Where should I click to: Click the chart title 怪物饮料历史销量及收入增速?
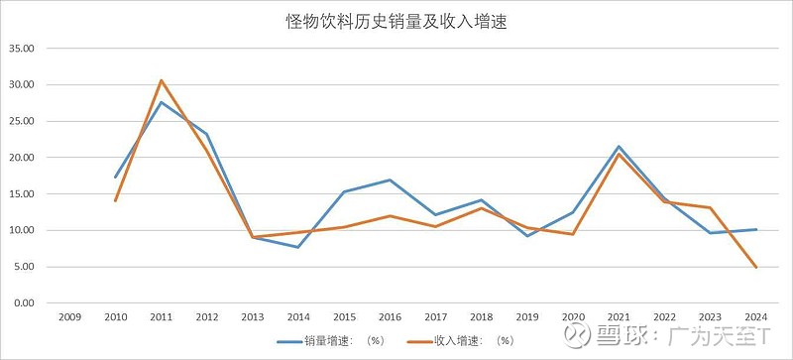click(396, 21)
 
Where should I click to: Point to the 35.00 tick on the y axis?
click(21, 49)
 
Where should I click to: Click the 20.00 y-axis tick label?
click(21, 158)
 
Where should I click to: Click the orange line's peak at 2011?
click(161, 80)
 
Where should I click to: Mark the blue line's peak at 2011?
click(161, 102)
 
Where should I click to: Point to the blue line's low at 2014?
click(298, 247)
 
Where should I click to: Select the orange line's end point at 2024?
click(756, 268)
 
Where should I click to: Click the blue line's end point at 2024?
click(756, 229)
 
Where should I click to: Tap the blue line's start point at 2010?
click(115, 178)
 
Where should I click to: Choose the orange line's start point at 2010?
click(115, 200)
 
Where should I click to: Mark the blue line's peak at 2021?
click(619, 147)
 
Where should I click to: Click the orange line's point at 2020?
click(573, 234)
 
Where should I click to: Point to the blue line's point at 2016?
click(390, 180)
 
